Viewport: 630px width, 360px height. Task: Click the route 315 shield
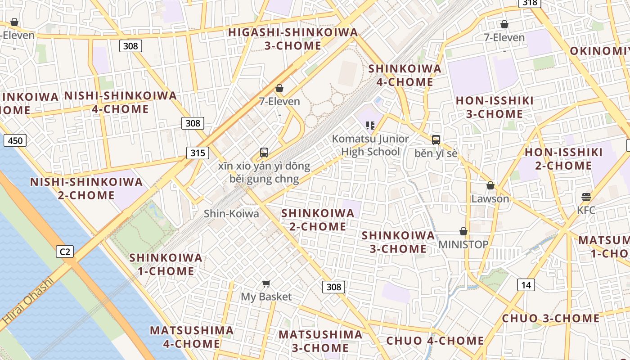click(198, 153)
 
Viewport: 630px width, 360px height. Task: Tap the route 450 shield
click(15, 141)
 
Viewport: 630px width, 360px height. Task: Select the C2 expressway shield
click(65, 252)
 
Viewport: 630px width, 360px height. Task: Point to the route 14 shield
click(526, 285)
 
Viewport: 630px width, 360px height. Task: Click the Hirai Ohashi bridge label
click(27, 302)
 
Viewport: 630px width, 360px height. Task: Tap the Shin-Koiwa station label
click(231, 214)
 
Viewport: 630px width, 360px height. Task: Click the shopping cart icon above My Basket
click(266, 283)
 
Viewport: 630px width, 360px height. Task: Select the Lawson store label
click(490, 198)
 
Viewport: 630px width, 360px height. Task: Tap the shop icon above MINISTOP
click(463, 231)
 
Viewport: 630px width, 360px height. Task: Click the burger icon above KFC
click(586, 197)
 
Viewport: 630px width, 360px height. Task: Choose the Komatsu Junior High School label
click(370, 145)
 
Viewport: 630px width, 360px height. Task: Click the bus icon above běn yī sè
click(436, 140)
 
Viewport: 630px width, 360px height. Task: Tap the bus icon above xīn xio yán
click(264, 153)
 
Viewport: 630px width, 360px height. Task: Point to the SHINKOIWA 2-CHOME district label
click(318, 220)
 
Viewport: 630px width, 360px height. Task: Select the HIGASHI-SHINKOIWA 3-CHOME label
click(293, 39)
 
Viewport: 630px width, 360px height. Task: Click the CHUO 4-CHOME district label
click(435, 341)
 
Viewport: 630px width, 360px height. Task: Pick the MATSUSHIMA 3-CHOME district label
click(320, 341)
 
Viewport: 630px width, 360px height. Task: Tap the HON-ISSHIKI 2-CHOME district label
click(563, 159)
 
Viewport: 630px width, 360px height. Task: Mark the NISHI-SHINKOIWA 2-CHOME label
click(86, 189)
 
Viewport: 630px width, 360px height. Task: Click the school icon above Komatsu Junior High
click(370, 125)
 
